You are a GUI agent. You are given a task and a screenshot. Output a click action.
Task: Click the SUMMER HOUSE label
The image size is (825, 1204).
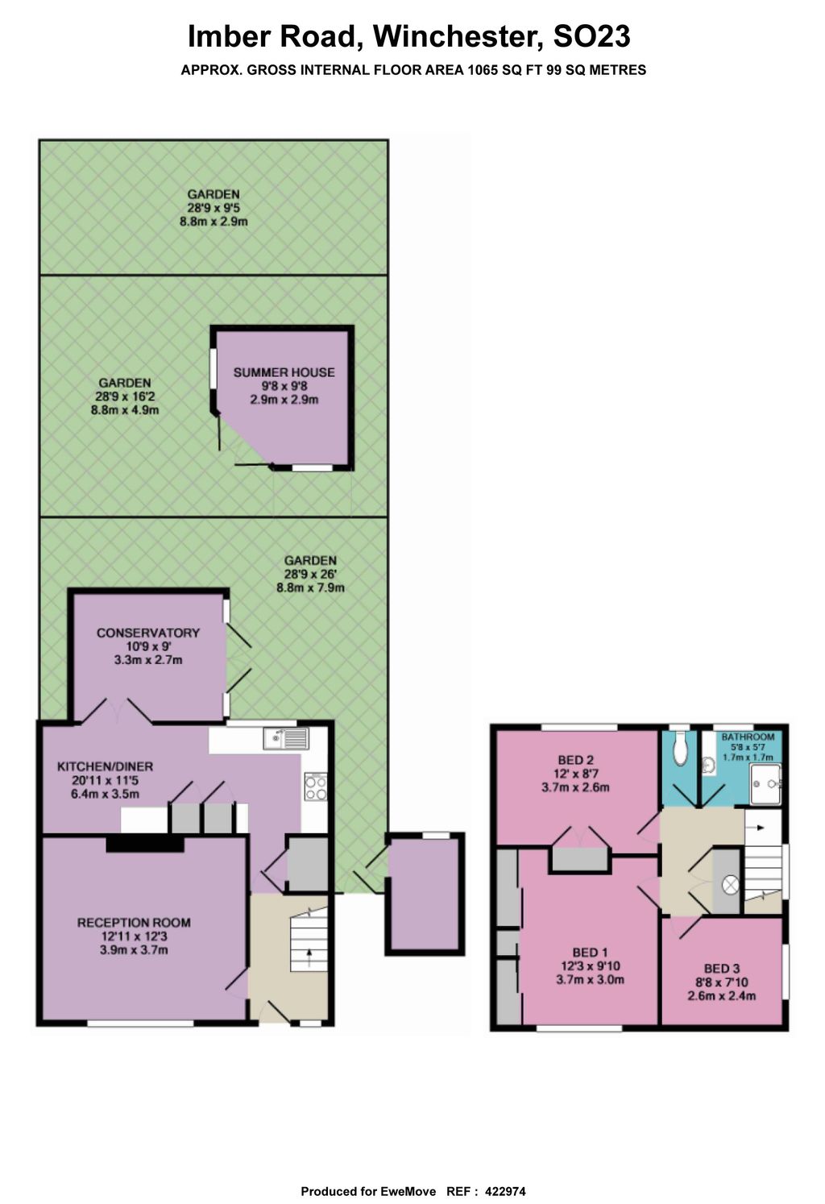point(284,372)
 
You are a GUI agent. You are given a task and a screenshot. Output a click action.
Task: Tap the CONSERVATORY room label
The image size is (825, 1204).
point(147,633)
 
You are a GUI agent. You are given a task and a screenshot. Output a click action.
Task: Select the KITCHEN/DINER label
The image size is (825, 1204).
point(105,767)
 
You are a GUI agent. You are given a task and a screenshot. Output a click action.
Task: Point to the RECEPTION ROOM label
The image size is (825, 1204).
point(134,923)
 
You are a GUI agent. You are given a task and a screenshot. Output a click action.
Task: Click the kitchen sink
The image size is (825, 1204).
point(286,738)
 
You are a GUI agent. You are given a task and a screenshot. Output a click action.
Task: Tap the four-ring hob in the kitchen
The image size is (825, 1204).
point(316,787)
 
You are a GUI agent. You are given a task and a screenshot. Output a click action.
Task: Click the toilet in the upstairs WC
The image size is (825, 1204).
point(681,749)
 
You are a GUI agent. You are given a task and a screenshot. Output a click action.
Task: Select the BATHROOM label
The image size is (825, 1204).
point(748,737)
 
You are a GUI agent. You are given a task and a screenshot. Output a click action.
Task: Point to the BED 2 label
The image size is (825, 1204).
point(575,760)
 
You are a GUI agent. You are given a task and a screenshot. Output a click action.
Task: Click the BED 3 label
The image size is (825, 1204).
point(722,969)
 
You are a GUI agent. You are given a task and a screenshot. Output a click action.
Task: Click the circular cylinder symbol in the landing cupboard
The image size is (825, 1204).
point(731,885)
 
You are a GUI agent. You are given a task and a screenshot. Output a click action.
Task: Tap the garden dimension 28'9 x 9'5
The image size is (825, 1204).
point(214,208)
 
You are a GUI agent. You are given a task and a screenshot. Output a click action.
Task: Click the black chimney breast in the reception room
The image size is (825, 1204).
point(145,845)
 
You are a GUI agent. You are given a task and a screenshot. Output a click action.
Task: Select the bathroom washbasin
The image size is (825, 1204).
point(710,764)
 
